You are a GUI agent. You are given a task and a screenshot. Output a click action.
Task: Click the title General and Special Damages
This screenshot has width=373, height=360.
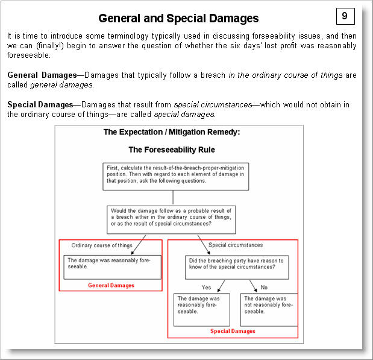coord(178,18)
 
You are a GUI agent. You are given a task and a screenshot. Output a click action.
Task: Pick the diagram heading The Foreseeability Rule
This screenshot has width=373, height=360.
coord(172,150)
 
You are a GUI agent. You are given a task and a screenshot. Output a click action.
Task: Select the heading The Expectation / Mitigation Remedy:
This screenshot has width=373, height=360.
coord(172,133)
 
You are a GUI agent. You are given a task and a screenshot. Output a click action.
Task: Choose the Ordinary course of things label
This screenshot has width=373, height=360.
coord(102,245)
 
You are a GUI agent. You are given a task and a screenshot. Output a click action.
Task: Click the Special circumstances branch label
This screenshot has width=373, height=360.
coord(235,245)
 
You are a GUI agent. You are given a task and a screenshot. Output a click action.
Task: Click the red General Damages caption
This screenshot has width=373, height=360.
coord(111,285)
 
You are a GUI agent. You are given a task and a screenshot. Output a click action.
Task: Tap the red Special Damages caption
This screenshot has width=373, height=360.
coord(233,331)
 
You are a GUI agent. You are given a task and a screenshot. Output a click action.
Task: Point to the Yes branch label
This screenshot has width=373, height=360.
coord(206,287)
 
